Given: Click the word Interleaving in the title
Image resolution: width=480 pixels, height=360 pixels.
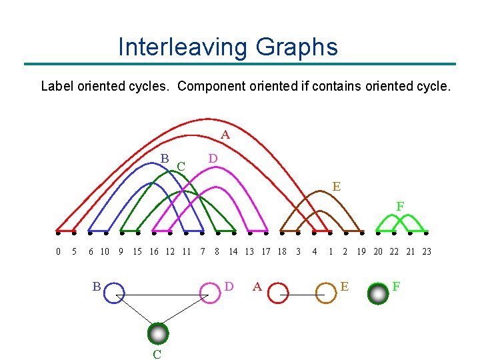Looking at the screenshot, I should click(x=181, y=47).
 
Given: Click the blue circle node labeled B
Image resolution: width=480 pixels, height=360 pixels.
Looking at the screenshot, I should click(x=114, y=293).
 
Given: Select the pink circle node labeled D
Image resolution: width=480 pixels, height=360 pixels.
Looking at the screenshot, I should click(x=210, y=293).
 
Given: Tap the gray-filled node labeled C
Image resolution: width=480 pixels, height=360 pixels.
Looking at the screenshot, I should click(x=157, y=333).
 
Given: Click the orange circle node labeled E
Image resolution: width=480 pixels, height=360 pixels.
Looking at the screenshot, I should click(x=325, y=293).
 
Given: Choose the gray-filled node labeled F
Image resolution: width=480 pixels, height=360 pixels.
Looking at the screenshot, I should click(x=378, y=293).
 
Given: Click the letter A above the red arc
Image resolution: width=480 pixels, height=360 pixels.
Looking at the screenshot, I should click(x=225, y=135).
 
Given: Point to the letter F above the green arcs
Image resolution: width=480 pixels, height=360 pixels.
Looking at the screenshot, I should click(x=400, y=207).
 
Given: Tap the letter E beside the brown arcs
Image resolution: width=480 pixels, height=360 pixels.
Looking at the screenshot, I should click(x=336, y=187).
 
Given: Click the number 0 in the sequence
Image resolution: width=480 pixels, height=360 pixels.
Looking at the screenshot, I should click(x=58, y=251).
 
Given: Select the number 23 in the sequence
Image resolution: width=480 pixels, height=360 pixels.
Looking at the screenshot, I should click(x=427, y=251).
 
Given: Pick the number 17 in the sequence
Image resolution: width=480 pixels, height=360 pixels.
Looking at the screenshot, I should click(x=265, y=251).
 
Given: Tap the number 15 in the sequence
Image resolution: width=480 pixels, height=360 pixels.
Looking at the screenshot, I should click(x=137, y=251).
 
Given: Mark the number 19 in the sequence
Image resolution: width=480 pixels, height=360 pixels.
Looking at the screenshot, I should click(x=361, y=251).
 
